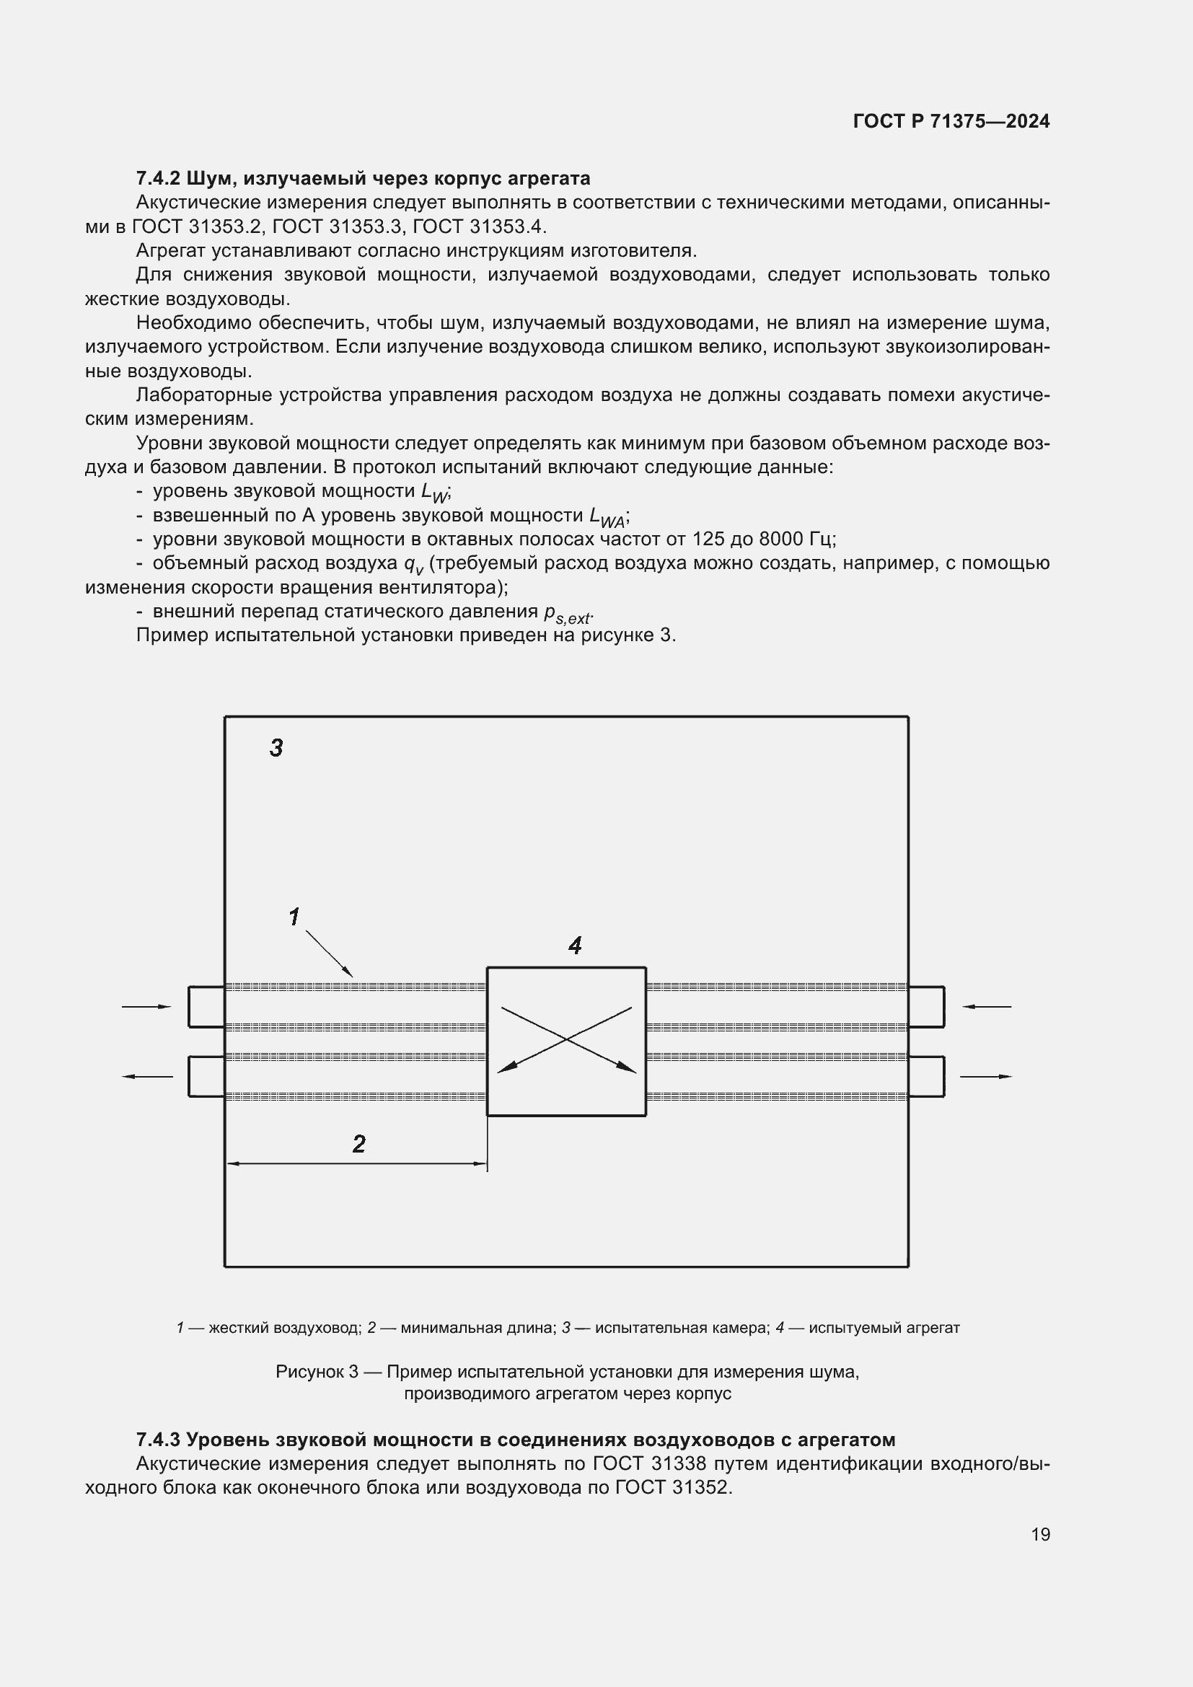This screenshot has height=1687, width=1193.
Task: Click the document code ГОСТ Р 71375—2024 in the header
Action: click(x=951, y=121)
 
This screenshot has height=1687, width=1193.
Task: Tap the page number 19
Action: click(x=1040, y=1534)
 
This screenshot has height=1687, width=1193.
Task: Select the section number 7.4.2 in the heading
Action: click(x=159, y=179)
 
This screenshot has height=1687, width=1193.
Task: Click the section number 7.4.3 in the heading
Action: click(x=159, y=1440)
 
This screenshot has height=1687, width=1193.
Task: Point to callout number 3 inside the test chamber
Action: click(x=276, y=748)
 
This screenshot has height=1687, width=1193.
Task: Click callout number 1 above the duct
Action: click(x=294, y=917)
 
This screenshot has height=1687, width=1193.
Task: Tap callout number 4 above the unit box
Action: click(x=575, y=946)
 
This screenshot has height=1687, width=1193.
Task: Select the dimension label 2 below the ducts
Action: click(x=358, y=1144)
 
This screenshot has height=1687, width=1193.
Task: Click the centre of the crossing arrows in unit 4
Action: click(x=566, y=1039)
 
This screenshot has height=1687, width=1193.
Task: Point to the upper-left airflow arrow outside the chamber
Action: click(x=147, y=1007)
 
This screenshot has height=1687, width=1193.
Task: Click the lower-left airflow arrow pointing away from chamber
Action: click(x=147, y=1076)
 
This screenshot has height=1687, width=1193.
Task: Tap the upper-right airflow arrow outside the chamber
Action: click(x=987, y=1007)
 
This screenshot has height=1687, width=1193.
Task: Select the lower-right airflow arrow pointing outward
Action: click(x=987, y=1076)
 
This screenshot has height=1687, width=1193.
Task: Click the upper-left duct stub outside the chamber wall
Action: click(x=206, y=1007)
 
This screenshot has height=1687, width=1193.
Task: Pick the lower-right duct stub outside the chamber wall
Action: click(x=926, y=1076)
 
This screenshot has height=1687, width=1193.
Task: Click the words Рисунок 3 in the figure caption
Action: click(x=317, y=1372)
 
